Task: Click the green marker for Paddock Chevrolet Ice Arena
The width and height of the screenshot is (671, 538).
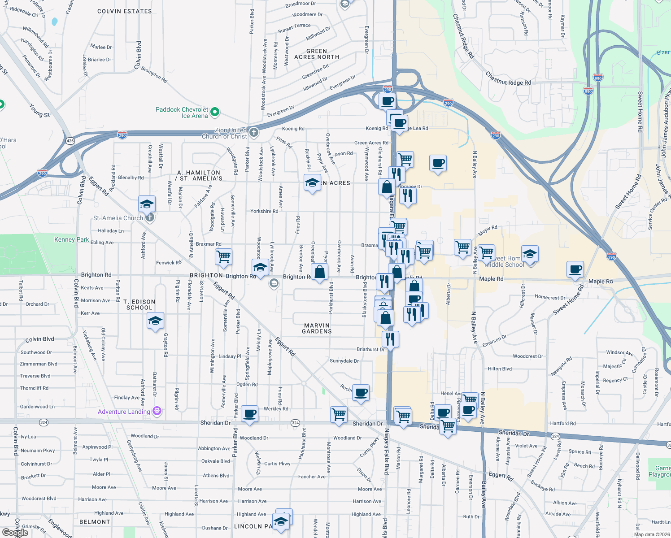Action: [x=215, y=112]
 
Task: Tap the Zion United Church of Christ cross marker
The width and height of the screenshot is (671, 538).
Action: [x=254, y=132]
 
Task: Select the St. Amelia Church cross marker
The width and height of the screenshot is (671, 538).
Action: [x=150, y=218]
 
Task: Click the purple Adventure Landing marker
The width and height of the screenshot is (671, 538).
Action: [x=157, y=411]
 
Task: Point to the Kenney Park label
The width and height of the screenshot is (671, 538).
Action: [x=71, y=239]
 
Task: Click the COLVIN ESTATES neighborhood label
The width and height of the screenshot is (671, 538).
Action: [x=124, y=11]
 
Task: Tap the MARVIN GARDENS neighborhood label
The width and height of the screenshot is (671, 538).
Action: [x=317, y=328]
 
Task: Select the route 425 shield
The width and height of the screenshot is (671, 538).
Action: [x=70, y=141]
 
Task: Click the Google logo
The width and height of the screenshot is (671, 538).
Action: [x=15, y=532]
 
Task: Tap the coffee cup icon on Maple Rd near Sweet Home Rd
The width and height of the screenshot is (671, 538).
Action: [x=575, y=270]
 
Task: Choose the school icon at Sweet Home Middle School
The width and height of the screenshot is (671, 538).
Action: [x=530, y=254]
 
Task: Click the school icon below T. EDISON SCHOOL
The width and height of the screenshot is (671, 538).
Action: [x=155, y=321]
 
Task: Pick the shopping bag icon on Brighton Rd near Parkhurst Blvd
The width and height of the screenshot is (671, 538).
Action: [x=319, y=272]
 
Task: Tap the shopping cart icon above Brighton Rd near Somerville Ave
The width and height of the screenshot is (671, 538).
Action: [x=223, y=257]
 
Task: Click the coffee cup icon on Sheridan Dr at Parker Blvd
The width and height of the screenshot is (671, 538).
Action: [x=250, y=413]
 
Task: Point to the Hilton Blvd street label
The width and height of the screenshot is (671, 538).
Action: [x=500, y=369]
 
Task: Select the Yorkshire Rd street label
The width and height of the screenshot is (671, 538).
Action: [x=264, y=211]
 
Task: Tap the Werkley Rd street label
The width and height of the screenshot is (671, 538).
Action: [x=276, y=408]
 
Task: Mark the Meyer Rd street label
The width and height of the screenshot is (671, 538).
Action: [x=488, y=230]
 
